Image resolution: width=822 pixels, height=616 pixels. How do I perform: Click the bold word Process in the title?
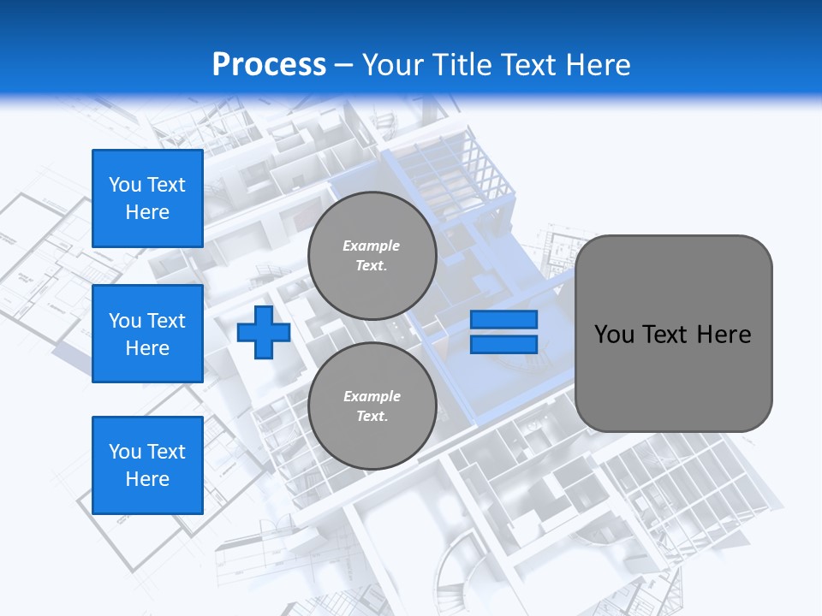click(269, 64)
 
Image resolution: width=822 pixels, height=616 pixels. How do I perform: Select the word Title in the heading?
click(461, 64)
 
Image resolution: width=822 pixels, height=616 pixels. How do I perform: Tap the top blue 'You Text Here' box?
click(147, 198)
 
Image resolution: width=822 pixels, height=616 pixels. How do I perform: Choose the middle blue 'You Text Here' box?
click(147, 334)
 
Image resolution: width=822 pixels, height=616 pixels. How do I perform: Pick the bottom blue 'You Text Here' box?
click(147, 465)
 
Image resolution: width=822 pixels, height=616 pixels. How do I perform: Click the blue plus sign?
click(264, 333)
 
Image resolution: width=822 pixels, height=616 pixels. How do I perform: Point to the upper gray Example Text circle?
click(372, 256)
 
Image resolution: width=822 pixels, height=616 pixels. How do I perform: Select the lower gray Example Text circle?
click(372, 406)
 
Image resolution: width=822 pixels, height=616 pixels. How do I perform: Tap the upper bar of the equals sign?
click(503, 319)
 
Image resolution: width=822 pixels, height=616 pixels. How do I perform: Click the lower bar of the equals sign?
click(503, 345)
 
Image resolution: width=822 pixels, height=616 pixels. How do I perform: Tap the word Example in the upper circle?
click(372, 246)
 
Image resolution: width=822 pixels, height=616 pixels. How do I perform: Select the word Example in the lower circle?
click(372, 396)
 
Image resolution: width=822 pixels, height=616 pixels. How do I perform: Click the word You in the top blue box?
click(125, 185)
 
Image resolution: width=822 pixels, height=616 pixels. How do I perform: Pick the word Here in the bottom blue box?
click(147, 479)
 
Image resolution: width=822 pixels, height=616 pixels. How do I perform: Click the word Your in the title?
click(392, 64)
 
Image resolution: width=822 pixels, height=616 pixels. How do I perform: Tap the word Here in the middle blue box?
click(147, 348)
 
